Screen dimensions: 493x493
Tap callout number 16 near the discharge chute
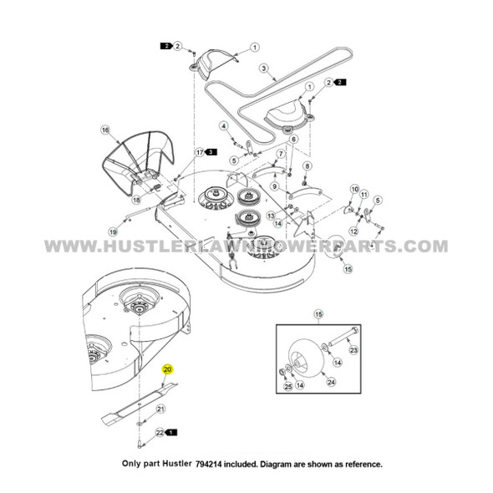(x=105, y=130)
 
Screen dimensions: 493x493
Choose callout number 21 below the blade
(x=161, y=409)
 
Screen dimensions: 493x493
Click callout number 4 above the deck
(x=224, y=125)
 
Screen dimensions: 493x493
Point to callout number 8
(x=307, y=167)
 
